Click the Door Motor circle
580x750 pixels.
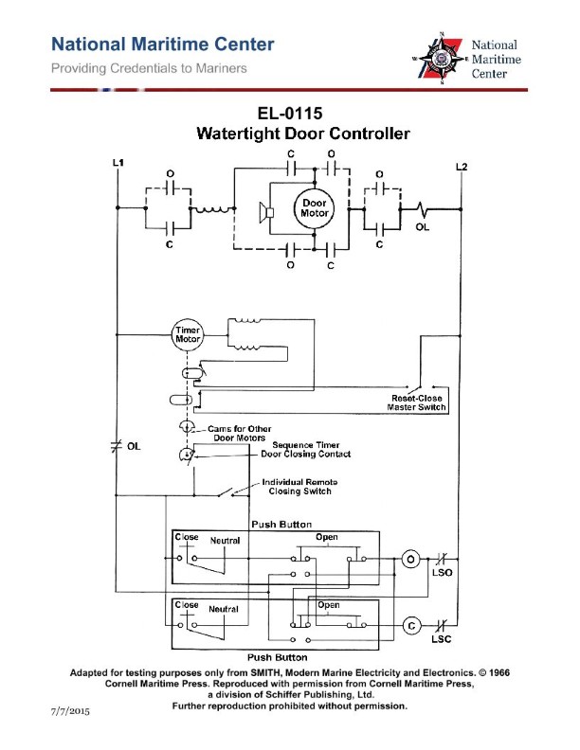(315, 208)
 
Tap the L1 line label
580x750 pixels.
(118, 164)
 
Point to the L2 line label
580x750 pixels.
(461, 168)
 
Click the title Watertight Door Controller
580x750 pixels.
(302, 134)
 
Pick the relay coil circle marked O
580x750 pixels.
(410, 560)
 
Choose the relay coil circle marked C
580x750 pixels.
(410, 626)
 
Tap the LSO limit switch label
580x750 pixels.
(441, 574)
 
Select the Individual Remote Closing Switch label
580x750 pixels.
(299, 487)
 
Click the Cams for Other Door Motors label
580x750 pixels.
(240, 433)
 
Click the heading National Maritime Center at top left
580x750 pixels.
(163, 45)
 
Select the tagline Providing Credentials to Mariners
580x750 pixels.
(150, 68)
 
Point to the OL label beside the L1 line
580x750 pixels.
(134, 447)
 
